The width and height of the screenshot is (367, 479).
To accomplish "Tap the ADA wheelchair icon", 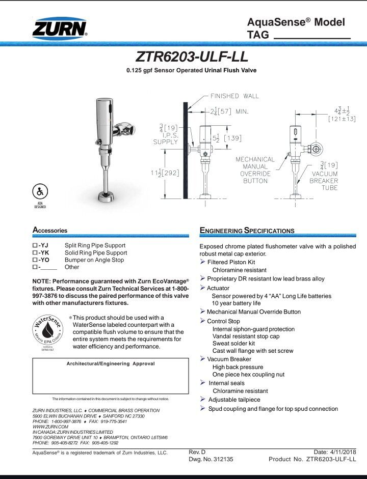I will (40, 192).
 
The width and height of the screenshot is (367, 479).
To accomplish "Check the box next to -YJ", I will (35, 245).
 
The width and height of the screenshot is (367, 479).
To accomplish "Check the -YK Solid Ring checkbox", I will (35, 252).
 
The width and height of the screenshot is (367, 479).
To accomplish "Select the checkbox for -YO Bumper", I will (35, 260).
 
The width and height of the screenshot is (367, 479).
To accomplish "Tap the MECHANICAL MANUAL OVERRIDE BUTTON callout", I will (255, 170).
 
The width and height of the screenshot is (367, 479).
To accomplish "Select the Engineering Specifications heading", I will (247, 231).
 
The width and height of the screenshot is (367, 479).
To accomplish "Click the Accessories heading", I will (50, 231).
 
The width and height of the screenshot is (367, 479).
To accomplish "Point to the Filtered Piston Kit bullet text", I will (231, 262).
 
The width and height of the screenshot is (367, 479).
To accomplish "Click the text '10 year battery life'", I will (236, 303).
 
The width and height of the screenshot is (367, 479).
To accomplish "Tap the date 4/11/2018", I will (344, 452).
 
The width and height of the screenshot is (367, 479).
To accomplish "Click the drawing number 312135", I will (220, 459).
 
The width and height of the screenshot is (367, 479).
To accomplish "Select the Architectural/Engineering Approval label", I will (111, 364).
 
